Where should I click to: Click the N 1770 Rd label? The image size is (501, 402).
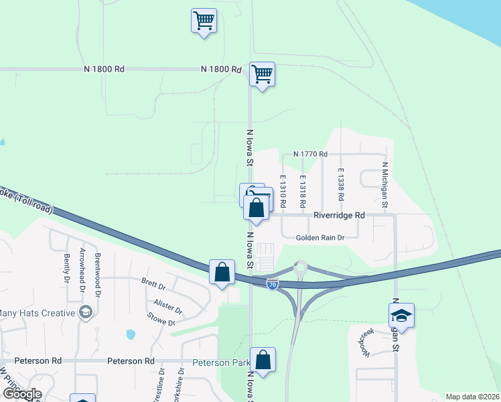[309, 154]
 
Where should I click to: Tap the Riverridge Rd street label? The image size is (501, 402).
[340, 216]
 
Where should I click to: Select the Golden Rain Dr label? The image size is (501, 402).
[321, 238]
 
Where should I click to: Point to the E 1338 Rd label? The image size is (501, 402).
[341, 185]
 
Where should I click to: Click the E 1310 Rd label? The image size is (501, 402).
[283, 185]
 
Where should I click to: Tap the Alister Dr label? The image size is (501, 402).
[167, 307]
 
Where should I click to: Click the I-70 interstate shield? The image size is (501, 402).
[272, 284]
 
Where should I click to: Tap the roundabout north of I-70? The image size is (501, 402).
[300, 269]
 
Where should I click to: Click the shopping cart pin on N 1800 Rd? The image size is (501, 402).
[262, 74]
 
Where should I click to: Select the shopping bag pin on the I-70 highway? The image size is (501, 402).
[222, 273]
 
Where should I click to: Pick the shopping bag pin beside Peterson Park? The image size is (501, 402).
[264, 360]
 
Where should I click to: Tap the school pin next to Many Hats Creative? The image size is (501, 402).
[85, 312]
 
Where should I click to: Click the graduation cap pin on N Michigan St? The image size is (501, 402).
[401, 315]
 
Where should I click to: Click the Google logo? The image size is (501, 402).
[22, 394]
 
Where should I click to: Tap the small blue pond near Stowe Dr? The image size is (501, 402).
[131, 334]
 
